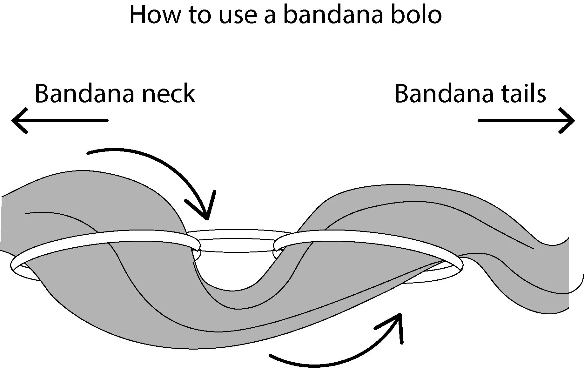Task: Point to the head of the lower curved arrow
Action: pyautogui.click(x=399, y=315)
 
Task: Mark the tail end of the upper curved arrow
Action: pyautogui.click(x=88, y=153)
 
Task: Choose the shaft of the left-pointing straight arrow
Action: pyautogui.click(x=64, y=121)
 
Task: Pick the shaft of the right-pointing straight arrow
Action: pyautogui.click(x=521, y=121)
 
